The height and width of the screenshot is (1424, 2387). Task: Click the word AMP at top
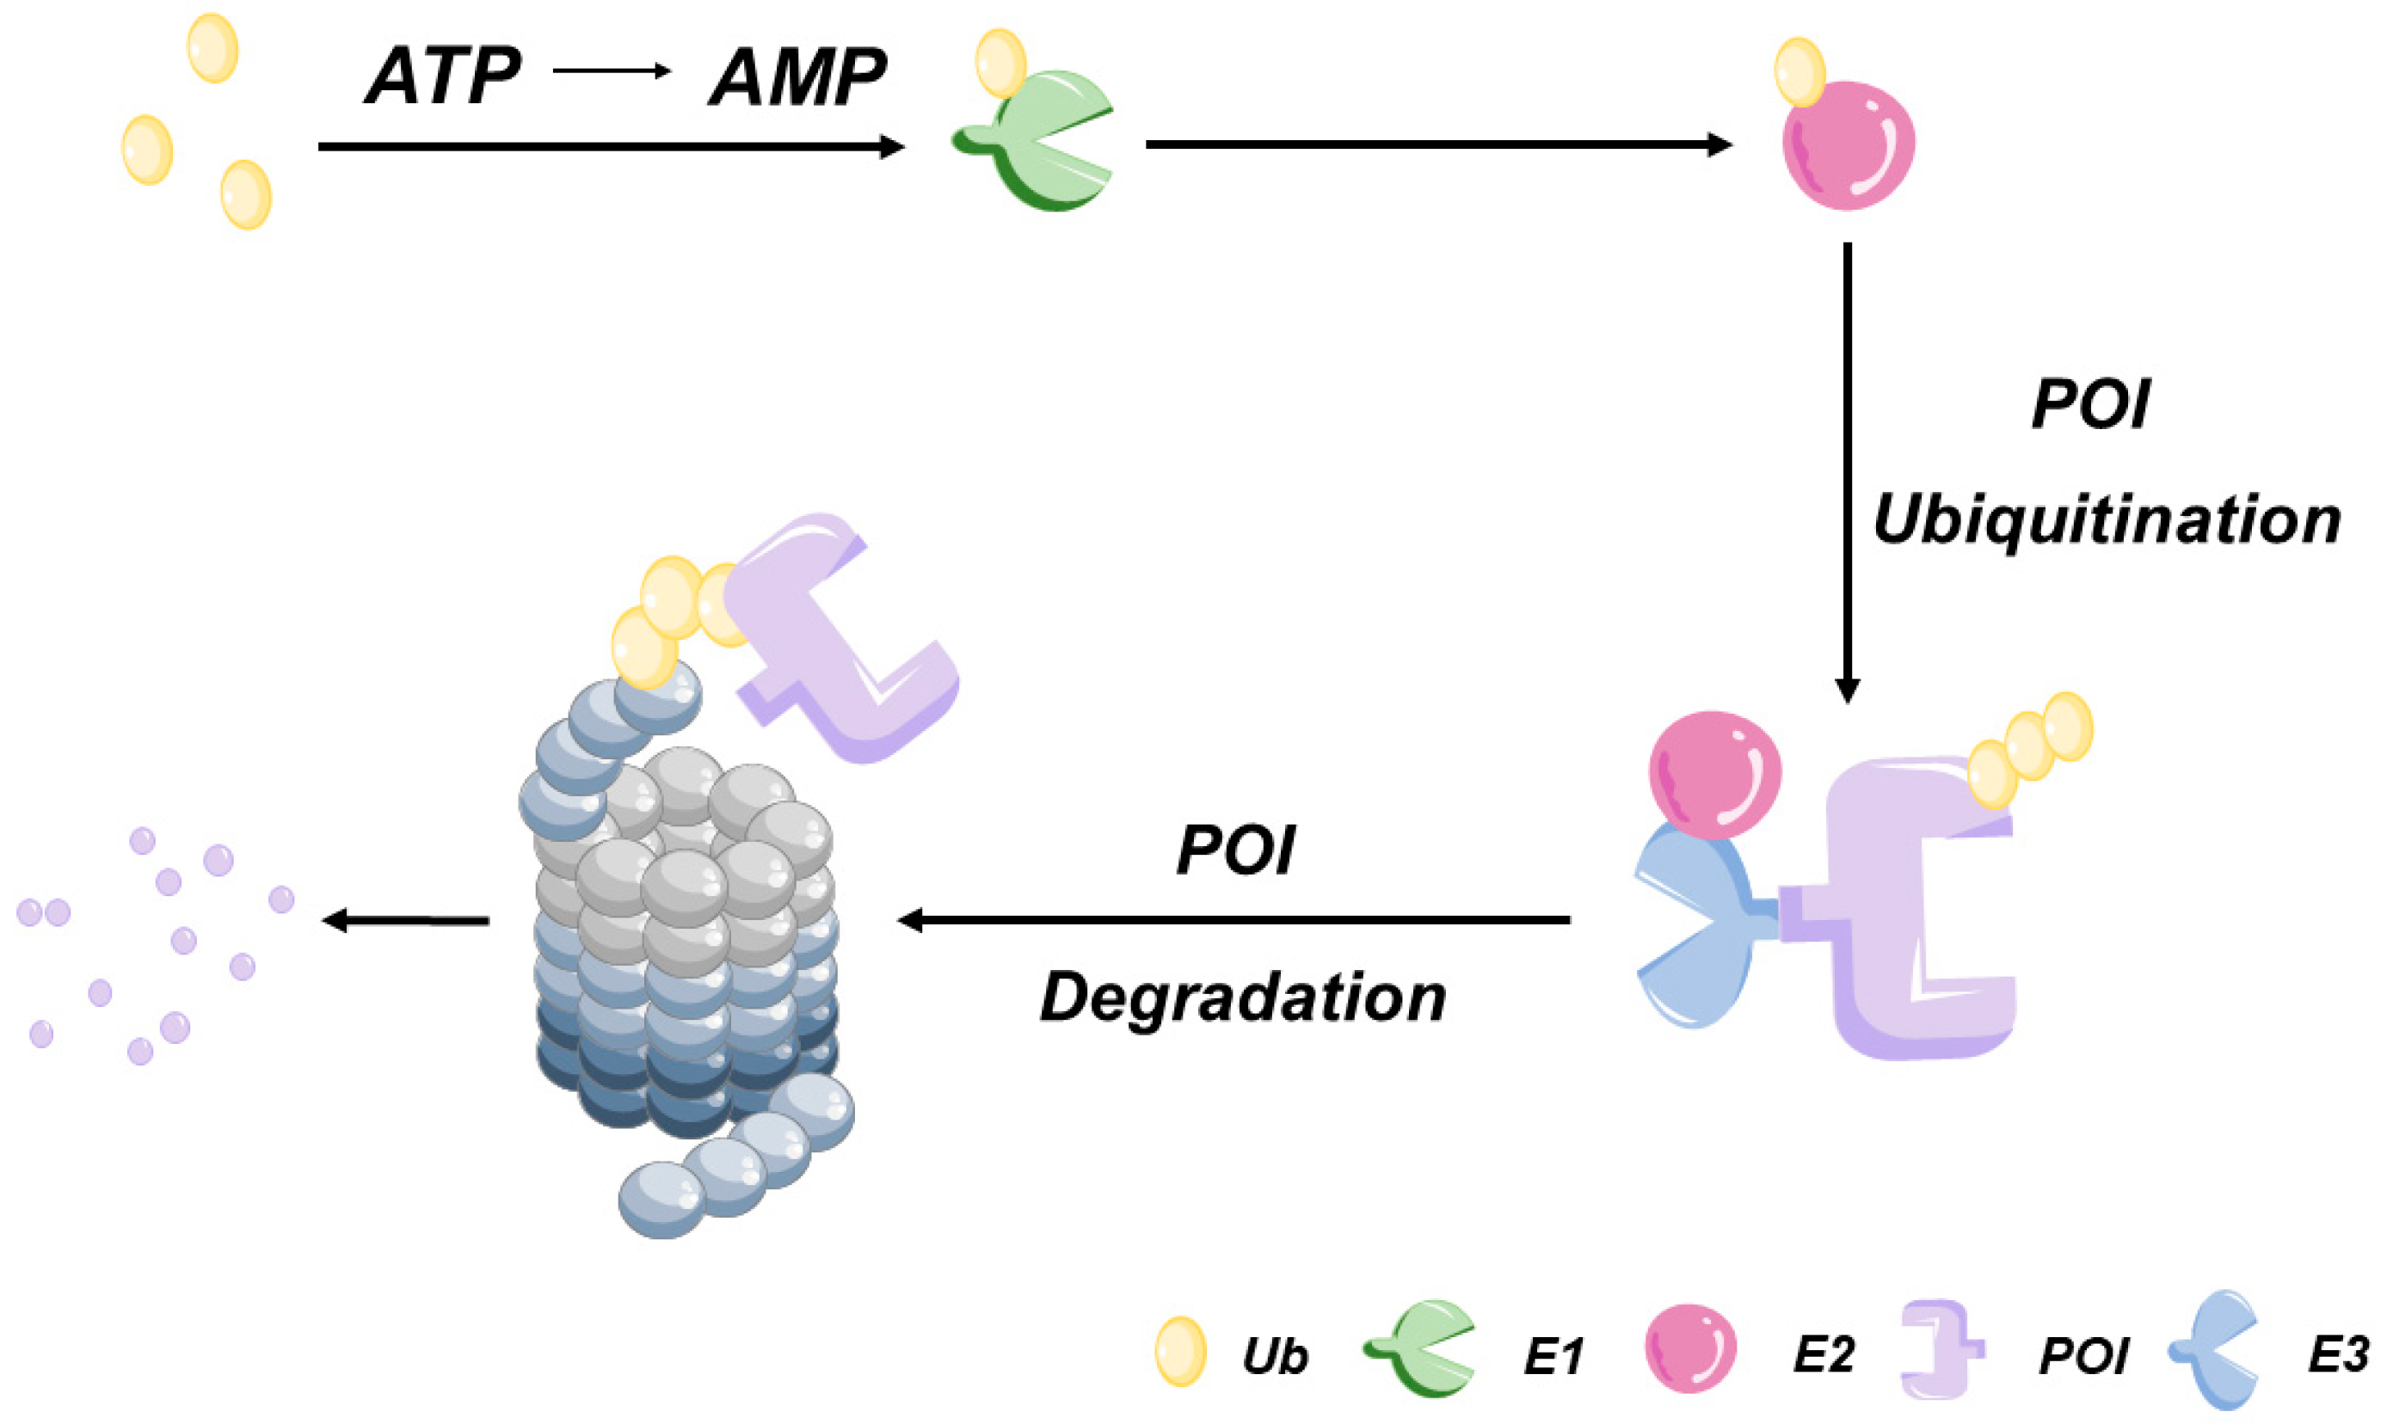coord(797,77)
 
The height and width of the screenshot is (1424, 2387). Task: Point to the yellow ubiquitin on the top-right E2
coord(1799,72)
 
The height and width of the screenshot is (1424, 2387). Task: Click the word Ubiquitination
coord(2106,521)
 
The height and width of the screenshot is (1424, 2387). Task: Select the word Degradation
coord(1243,998)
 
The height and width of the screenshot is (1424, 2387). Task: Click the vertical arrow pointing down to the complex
coord(1847,470)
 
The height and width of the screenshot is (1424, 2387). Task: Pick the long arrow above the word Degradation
coord(1233,920)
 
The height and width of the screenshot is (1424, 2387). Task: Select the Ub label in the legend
coord(1275,1357)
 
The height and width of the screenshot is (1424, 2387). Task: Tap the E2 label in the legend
coord(1823,1355)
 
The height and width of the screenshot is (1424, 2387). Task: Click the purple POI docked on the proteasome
coord(845,643)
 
